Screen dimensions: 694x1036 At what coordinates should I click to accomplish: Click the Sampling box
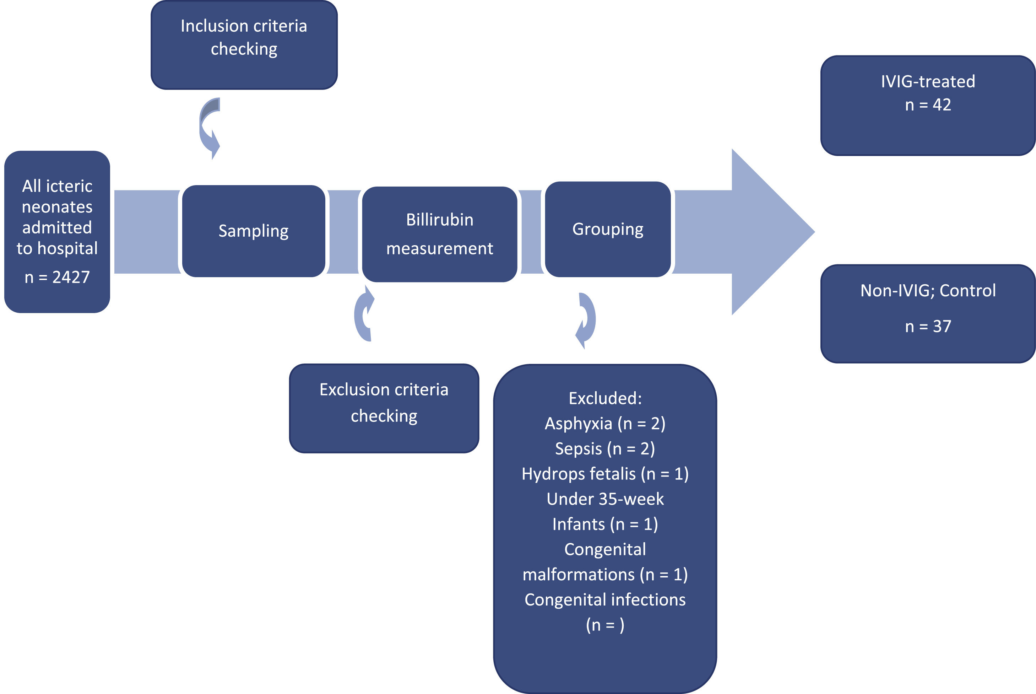pyautogui.click(x=254, y=231)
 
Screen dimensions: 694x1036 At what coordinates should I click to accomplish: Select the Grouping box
pyautogui.click(x=608, y=229)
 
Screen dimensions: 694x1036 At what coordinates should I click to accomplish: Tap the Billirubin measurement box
pyautogui.click(x=439, y=234)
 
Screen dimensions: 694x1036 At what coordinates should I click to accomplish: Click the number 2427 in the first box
pyautogui.click(x=71, y=277)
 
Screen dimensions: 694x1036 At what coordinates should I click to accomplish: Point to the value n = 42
pyautogui.click(x=928, y=105)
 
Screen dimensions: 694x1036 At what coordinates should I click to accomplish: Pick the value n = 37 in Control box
pyautogui.click(x=928, y=326)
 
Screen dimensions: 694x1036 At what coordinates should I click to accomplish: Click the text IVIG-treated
pyautogui.click(x=928, y=81)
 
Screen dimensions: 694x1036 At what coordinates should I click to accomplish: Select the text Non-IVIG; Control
pyautogui.click(x=928, y=291)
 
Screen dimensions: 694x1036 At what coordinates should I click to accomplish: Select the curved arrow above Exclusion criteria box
pyautogui.click(x=364, y=314)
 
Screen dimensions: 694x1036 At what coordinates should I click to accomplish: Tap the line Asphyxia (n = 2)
pyautogui.click(x=605, y=424)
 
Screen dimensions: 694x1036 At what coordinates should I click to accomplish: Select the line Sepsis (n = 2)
pyautogui.click(x=605, y=449)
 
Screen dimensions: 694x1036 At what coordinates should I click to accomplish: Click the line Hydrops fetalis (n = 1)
pyautogui.click(x=605, y=474)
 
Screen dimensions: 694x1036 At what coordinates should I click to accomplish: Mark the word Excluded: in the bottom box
pyautogui.click(x=605, y=398)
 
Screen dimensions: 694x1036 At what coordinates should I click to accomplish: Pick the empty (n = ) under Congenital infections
pyautogui.click(x=605, y=625)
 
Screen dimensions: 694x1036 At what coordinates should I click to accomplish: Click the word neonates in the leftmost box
pyautogui.click(x=57, y=207)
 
